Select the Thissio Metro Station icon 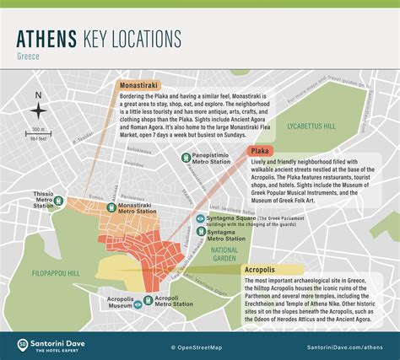click(58, 201)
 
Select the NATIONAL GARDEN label click(224, 253)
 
